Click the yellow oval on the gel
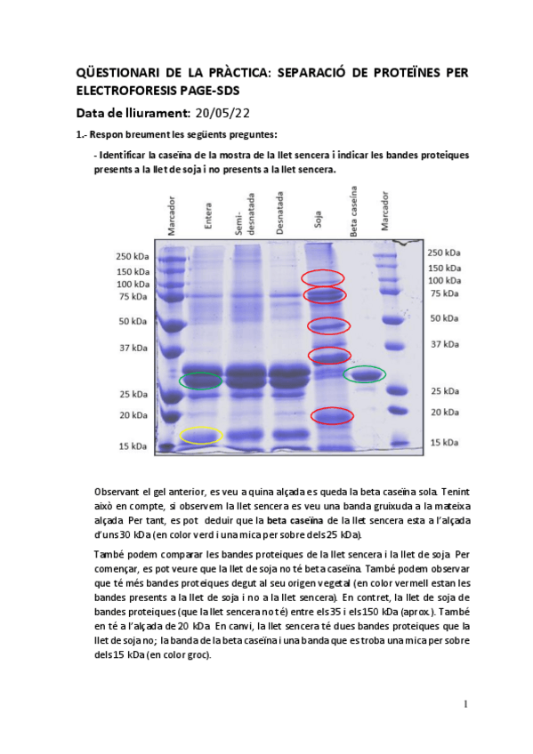pos(201,436)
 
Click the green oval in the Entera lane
pos(200,381)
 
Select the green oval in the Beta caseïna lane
pos(365,374)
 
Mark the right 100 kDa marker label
pos(444,281)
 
